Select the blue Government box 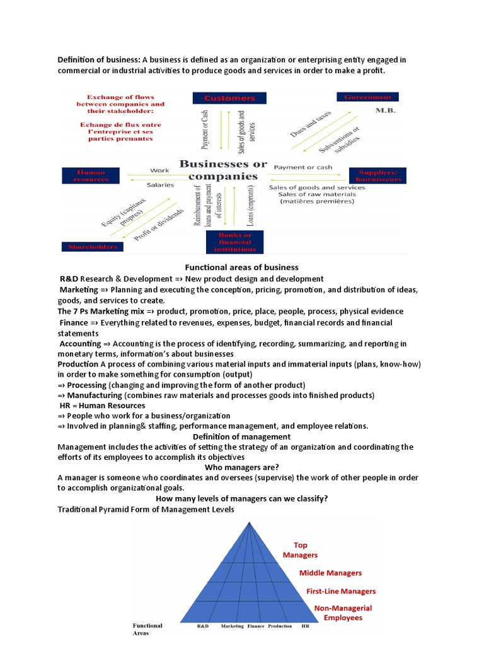pyautogui.click(x=368, y=97)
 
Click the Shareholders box pyautogui.click(x=92, y=246)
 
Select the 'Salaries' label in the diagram pyautogui.click(x=161, y=185)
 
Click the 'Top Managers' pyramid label pyautogui.click(x=301, y=549)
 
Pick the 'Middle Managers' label pyautogui.click(x=330, y=573)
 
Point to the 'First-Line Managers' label pyautogui.click(x=341, y=591)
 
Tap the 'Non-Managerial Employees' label pyautogui.click(x=343, y=613)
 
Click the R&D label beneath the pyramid pyautogui.click(x=202, y=626)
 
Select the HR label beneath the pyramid pyautogui.click(x=306, y=626)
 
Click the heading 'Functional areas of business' pyautogui.click(x=241, y=267)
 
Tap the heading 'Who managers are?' pyautogui.click(x=241, y=467)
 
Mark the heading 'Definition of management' pyautogui.click(x=241, y=437)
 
